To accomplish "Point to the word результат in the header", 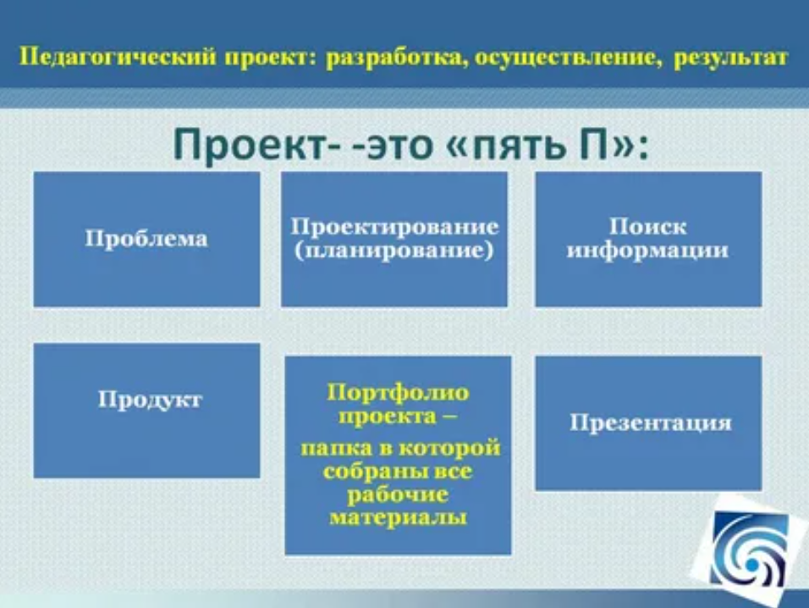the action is coord(730,58).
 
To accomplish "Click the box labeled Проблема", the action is coord(146,239).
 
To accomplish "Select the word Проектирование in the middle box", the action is coord(394,227).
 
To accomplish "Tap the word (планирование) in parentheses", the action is coord(394,251).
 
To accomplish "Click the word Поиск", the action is coord(648,227).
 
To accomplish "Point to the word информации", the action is coord(648,251).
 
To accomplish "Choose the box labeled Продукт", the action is coord(146,411).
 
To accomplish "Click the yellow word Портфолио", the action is coord(398,393).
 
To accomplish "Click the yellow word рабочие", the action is coord(397,495).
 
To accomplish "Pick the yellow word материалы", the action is coord(398,517).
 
